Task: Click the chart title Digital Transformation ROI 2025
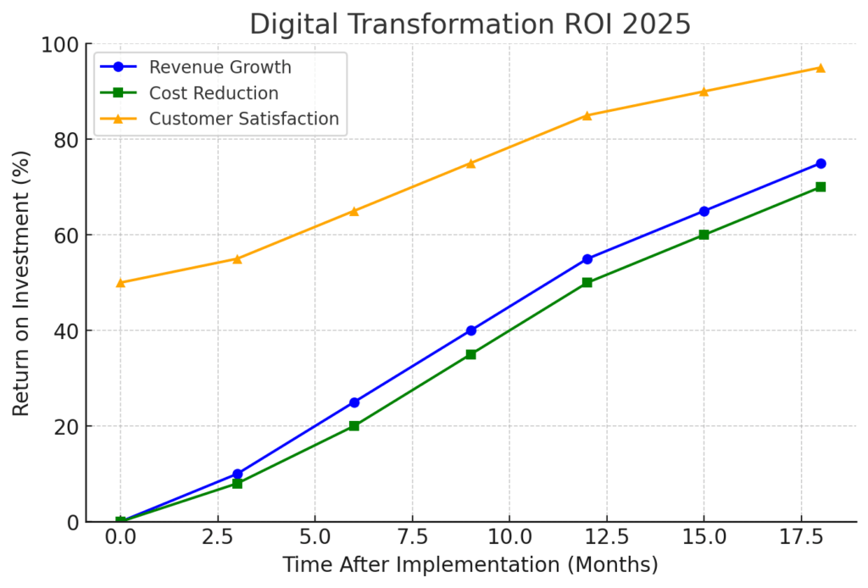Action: (470, 25)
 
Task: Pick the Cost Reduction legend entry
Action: (214, 92)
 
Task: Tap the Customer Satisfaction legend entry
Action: (244, 119)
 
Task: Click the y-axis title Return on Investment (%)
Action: (21, 283)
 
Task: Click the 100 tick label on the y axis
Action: (59, 44)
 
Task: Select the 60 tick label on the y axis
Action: (65, 236)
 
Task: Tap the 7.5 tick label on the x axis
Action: (412, 538)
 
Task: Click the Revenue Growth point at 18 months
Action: (821, 164)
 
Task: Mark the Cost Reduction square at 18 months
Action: (821, 187)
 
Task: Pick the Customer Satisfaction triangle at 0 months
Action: (120, 282)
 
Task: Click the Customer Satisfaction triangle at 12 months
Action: (587, 115)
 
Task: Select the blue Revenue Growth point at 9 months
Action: (470, 330)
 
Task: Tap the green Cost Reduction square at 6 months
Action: (354, 426)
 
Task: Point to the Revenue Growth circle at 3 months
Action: (237, 474)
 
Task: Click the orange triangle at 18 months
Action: (821, 68)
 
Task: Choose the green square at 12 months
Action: (587, 283)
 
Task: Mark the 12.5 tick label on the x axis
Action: (607, 538)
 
